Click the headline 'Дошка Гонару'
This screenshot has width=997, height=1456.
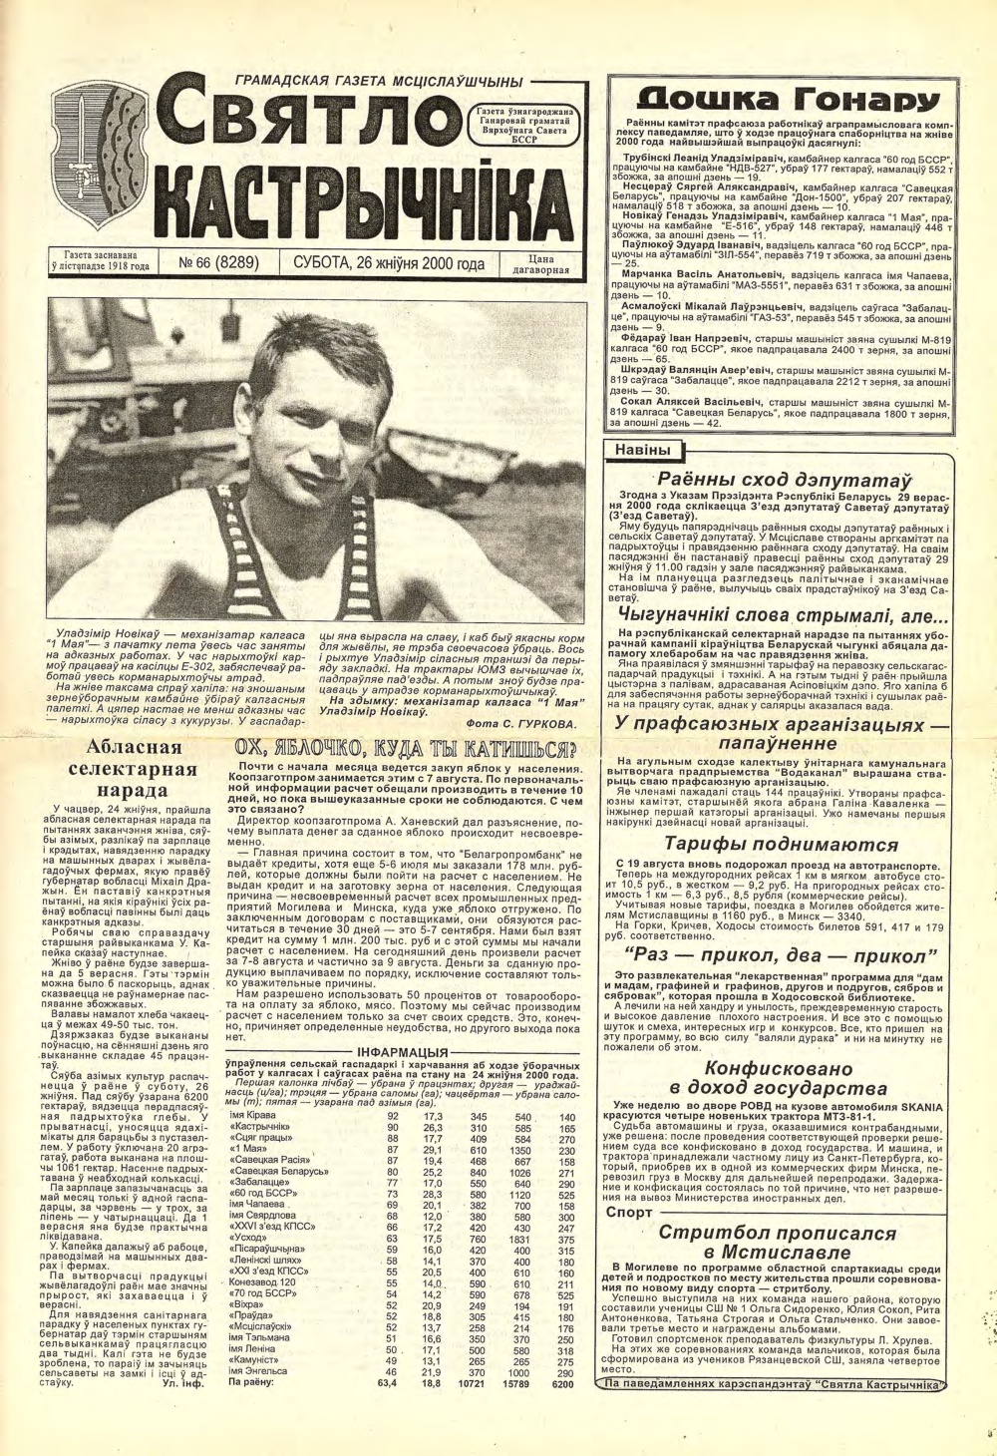(788, 99)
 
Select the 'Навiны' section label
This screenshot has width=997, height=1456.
(642, 451)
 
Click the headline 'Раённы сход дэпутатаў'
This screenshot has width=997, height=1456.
(779, 478)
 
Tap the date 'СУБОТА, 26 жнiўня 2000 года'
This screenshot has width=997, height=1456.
(389, 264)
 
